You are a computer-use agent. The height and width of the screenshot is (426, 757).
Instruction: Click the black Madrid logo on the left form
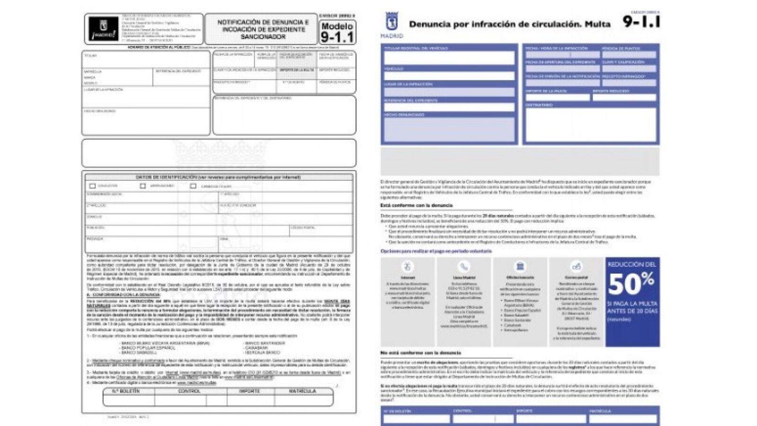point(103,29)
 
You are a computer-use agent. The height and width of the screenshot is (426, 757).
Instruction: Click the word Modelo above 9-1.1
point(337,26)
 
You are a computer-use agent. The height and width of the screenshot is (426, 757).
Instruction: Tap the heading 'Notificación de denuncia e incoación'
point(263,29)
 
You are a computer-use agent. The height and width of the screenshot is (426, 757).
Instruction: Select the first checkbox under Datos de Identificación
point(92,186)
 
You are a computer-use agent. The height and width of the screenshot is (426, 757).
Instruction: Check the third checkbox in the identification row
point(193,186)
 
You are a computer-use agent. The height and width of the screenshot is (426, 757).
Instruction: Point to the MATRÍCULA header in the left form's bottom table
point(303,391)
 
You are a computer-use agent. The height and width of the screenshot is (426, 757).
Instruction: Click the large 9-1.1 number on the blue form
point(641,22)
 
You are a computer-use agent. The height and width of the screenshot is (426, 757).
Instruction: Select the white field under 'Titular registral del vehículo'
point(449,58)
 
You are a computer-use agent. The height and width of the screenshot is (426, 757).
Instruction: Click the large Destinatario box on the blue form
point(590,124)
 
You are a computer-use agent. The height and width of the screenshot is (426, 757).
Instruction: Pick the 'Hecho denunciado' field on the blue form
point(449,129)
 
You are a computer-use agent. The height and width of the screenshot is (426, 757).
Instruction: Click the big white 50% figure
point(631,284)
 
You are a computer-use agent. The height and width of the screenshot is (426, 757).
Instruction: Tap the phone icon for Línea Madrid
point(464,266)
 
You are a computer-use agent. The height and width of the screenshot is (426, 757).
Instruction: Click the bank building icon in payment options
point(520,266)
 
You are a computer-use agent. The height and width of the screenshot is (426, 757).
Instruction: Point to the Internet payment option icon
point(407,266)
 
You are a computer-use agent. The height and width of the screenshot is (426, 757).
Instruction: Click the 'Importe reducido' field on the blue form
point(624,98)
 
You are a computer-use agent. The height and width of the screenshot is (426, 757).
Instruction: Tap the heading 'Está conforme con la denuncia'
point(416,205)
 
